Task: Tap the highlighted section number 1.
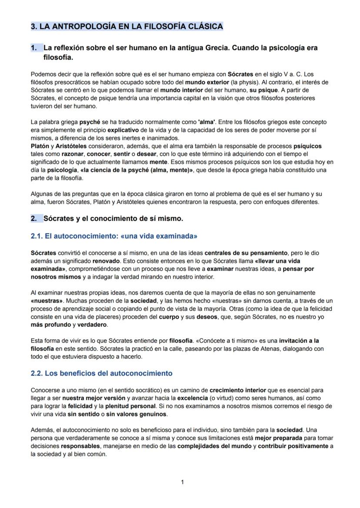34,48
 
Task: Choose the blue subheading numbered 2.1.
114,236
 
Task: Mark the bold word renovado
106,261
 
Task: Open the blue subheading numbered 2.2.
102,373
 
